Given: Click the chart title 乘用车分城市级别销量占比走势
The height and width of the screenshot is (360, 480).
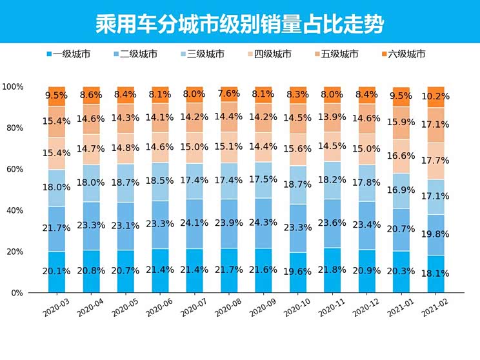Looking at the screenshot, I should pyautogui.click(x=239, y=25).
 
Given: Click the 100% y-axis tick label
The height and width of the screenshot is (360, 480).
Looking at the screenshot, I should pyautogui.click(x=13, y=86).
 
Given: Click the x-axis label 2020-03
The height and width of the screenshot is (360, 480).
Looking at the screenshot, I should pyautogui.click(x=57, y=314).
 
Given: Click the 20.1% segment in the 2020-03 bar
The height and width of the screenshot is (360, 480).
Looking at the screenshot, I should pyautogui.click(x=57, y=272).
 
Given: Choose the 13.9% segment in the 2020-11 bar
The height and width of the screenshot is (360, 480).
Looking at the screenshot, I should pyautogui.click(x=334, y=117).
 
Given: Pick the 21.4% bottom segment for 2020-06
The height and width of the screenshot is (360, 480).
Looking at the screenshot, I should pyautogui.click(x=161, y=270).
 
